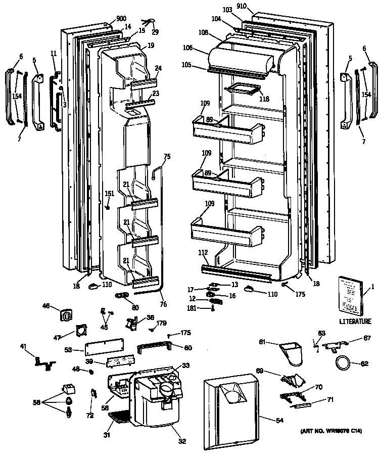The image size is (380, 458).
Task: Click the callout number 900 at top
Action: tap(121, 19)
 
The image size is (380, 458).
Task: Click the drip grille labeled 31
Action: tap(119, 417)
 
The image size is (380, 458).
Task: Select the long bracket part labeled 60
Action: tap(155, 348)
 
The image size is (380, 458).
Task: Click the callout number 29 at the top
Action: tap(155, 32)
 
